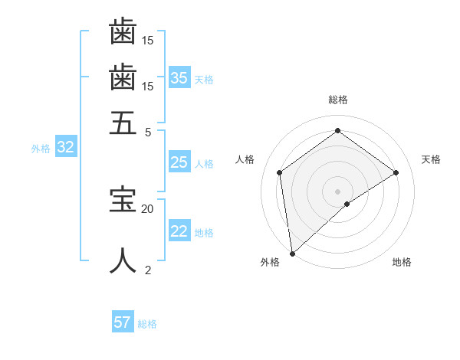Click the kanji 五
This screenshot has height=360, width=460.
[123, 123]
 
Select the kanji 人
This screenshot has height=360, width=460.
[123, 260]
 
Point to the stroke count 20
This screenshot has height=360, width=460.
[147, 208]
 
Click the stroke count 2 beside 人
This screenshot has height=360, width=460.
[148, 270]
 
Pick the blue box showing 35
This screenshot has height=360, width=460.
[179, 77]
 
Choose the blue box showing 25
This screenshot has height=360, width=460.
[179, 162]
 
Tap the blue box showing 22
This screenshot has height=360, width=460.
[179, 231]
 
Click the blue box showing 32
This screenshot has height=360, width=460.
[65, 148]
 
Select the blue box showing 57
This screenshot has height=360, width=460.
[123, 322]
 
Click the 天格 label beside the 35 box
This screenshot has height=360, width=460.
[204, 79]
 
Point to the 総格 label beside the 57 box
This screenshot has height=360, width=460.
[147, 324]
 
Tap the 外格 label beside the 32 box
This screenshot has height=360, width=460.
[41, 149]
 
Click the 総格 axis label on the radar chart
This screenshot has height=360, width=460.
[338, 100]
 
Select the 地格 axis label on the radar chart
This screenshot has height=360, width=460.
[402, 263]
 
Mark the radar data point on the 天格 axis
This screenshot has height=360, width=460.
[396, 172]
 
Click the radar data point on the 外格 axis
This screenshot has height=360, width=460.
[292, 253]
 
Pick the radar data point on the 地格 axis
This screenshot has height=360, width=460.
[347, 204]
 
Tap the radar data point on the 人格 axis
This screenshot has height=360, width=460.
[280, 172]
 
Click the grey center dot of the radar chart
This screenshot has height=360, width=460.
[338, 191]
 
